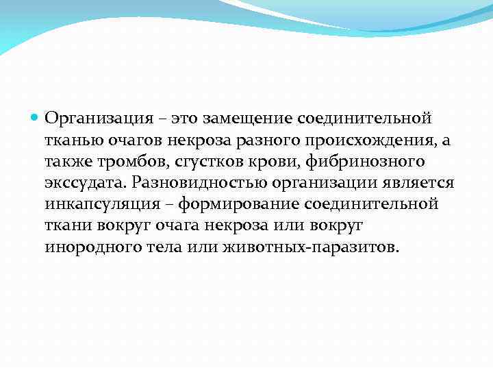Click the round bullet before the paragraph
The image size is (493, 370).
[36, 117]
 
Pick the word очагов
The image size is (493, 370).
[132, 140]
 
